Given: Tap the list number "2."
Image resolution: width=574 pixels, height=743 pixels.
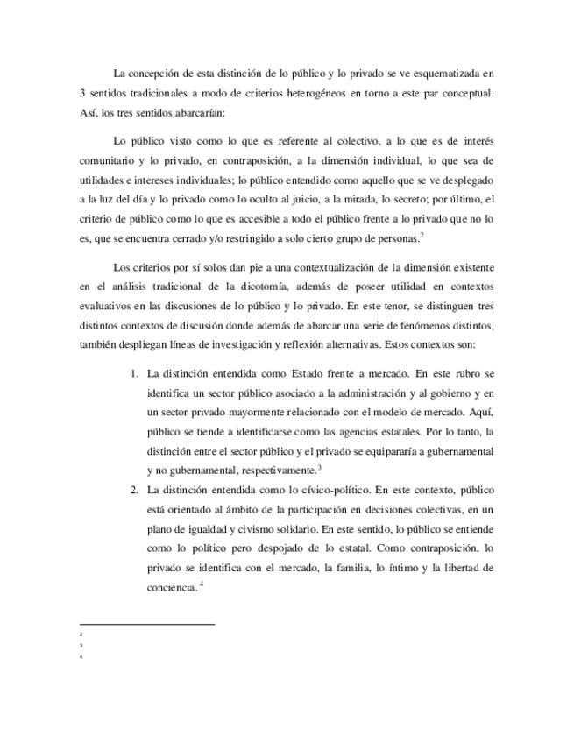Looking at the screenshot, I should (136, 489).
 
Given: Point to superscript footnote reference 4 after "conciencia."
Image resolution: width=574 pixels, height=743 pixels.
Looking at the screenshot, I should (201, 584).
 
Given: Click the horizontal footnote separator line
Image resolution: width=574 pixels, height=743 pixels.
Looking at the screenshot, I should (146, 625).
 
